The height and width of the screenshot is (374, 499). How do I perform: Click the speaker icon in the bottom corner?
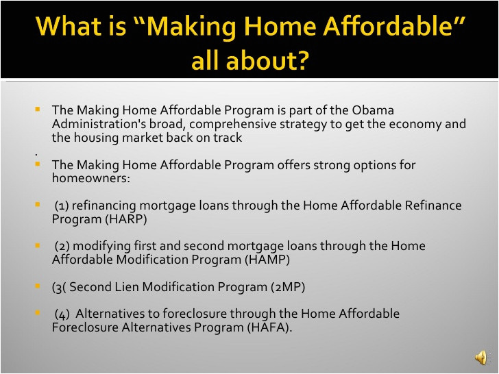click(481, 358)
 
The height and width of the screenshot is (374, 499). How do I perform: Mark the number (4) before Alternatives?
click(62, 314)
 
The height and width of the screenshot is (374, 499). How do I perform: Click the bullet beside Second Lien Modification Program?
click(37, 286)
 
